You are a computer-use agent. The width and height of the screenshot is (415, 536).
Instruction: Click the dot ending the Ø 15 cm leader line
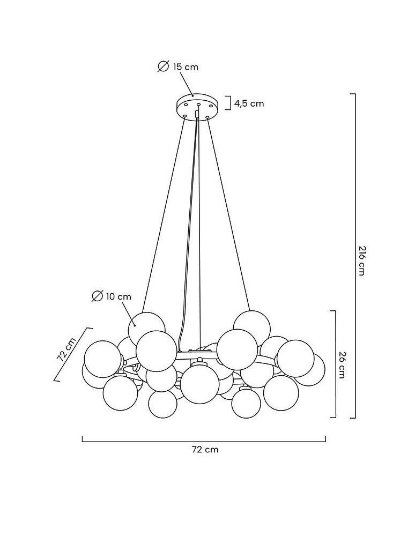193,96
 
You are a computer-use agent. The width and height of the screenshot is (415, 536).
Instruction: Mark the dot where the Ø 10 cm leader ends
135,325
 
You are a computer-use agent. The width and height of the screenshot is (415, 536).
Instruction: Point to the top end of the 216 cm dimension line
355,94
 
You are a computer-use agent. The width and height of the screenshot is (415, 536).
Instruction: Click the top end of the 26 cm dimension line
335,311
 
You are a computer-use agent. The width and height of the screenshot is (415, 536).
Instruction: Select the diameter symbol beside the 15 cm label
164,66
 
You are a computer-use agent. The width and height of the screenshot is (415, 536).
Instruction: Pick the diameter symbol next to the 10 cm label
98,296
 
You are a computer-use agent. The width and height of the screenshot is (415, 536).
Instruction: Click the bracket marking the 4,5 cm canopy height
229,103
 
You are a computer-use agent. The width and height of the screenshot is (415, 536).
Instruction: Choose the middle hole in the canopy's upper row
198,104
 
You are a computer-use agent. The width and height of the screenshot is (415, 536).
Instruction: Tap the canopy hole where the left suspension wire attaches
185,116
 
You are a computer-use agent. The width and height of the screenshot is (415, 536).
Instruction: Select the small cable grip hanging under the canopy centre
197,114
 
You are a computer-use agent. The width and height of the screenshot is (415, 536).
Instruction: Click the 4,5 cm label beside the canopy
249,103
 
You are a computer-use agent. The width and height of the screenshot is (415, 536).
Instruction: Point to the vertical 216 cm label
362,260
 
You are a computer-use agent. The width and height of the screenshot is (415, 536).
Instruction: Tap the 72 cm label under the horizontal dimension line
205,450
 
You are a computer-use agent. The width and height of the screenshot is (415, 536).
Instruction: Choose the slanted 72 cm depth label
66,349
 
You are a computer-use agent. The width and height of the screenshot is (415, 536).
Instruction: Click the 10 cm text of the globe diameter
118,296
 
